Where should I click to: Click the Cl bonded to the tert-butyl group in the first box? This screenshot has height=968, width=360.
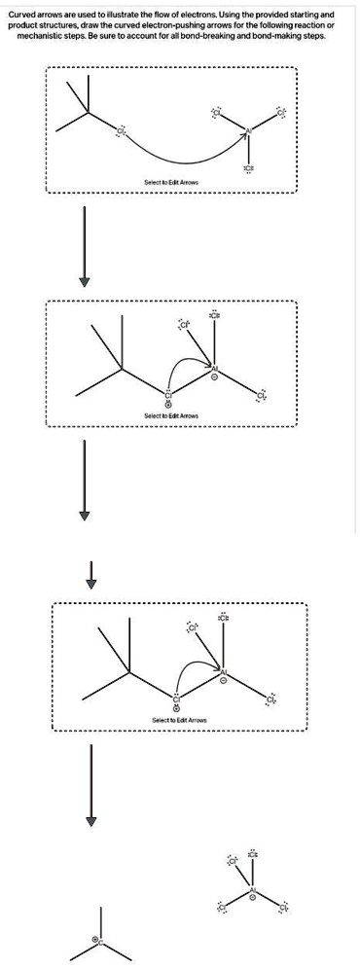(x=122, y=131)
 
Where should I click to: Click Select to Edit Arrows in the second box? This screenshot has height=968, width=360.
(x=171, y=415)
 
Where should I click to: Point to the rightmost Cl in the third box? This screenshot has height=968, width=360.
(x=271, y=699)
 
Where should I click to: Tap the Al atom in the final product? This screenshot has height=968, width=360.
(x=253, y=891)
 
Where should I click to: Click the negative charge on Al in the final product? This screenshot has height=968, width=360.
(x=253, y=902)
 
